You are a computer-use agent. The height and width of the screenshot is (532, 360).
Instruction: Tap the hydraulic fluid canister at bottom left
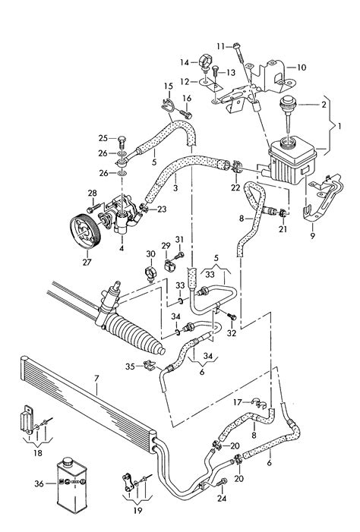pyautogui.click(x=77, y=481)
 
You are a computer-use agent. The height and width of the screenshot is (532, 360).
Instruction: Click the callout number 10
pyautogui.click(x=302, y=67)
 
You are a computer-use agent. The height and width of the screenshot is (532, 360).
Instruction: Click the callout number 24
pyautogui.click(x=221, y=499)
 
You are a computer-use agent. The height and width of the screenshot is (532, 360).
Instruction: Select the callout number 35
pyautogui.click(x=130, y=367)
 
